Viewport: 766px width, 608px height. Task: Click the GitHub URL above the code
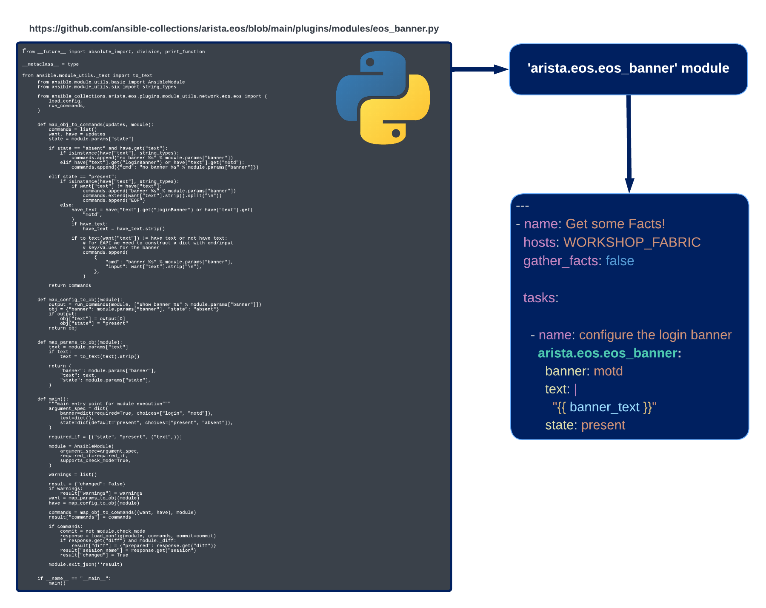(234, 29)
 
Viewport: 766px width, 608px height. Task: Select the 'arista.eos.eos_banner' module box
(629, 69)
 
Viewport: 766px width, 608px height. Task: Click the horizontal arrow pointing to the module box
(480, 69)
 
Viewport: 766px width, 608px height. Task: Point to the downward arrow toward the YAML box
(629, 144)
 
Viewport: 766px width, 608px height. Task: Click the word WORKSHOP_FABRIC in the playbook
(632, 242)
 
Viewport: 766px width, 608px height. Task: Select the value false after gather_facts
(620, 261)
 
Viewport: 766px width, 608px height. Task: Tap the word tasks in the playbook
(539, 298)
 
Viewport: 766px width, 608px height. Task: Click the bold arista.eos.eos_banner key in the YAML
(608, 353)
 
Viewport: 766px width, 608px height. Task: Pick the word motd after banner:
(608, 371)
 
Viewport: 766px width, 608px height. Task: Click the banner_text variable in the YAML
(605, 407)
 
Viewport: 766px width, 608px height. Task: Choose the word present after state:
(603, 425)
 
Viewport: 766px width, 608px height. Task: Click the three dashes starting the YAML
(522, 206)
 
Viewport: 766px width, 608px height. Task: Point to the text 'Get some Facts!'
(615, 224)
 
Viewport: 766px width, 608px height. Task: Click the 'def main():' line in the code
(53, 399)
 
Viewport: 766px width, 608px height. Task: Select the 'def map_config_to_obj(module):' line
(80, 300)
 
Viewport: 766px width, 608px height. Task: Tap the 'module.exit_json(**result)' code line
(86, 565)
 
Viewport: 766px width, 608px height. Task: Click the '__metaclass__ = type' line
(51, 64)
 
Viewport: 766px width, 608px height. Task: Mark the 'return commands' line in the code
(70, 286)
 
